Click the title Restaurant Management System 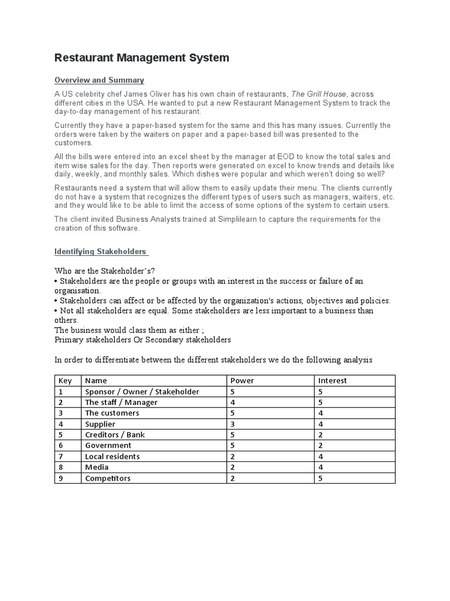click(x=142, y=58)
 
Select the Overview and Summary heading click(x=99, y=80)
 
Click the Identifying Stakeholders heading click(x=101, y=251)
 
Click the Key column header click(x=65, y=380)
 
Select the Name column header click(x=96, y=380)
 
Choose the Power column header click(x=243, y=380)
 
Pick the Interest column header click(x=332, y=380)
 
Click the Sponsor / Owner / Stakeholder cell click(x=142, y=391)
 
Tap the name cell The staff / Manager click(x=121, y=403)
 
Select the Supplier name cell click(x=100, y=424)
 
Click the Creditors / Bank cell click(x=115, y=435)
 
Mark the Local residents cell click(x=112, y=457)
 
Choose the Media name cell click(x=97, y=467)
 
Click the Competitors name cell click(x=108, y=478)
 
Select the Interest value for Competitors click(x=320, y=478)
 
